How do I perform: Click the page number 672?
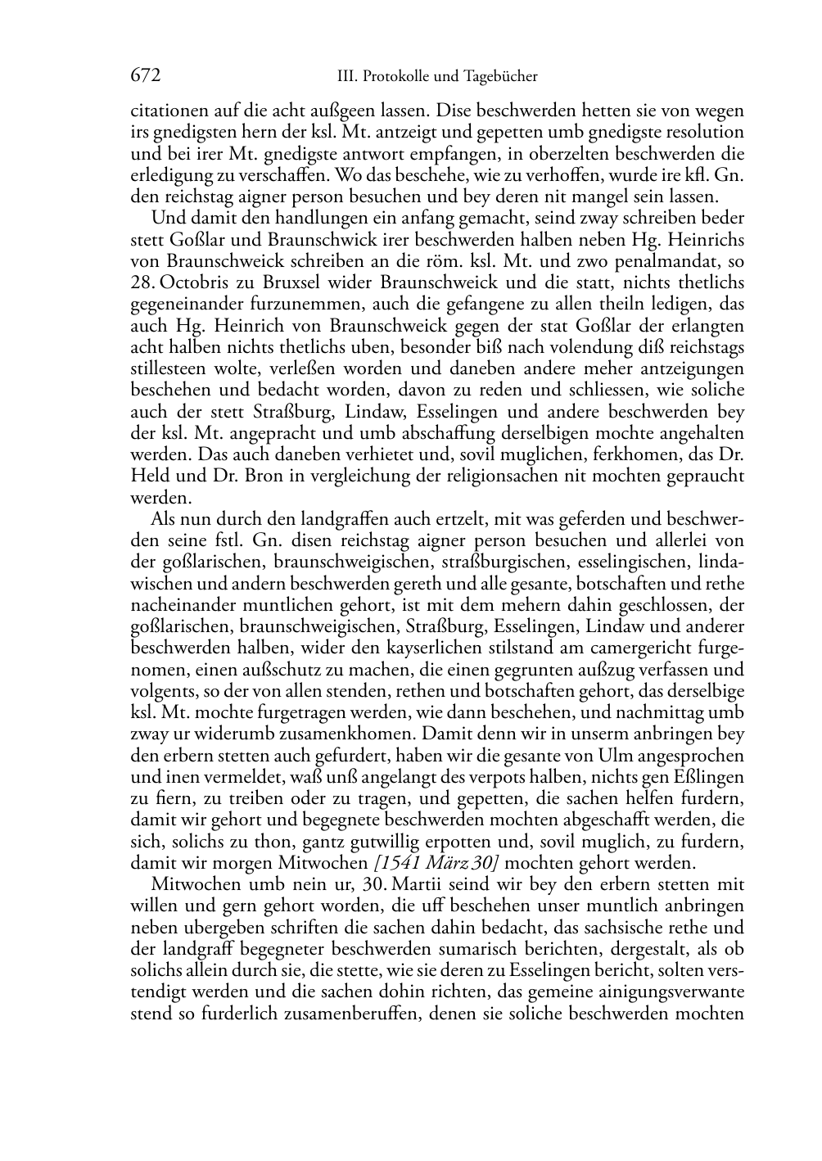click(x=145, y=76)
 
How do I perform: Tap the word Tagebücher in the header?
click(x=501, y=77)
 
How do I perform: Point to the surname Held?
click(x=150, y=476)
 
